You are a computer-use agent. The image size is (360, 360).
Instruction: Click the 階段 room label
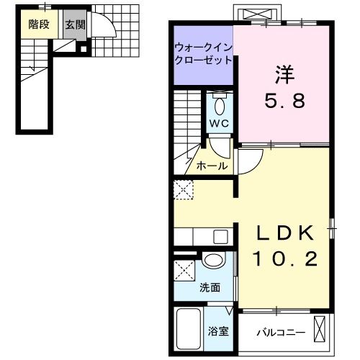point(39,24)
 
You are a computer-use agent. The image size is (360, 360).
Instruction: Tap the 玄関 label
point(76,24)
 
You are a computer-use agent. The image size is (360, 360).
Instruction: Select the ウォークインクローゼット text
point(204,54)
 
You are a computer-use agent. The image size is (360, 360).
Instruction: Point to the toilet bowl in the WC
point(220,107)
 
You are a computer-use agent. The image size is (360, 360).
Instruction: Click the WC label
point(220,123)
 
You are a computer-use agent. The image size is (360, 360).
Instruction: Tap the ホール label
point(212,166)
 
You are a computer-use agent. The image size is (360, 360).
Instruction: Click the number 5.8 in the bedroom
point(285,100)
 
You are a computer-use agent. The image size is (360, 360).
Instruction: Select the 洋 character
point(285,74)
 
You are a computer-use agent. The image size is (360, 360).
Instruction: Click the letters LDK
point(285,233)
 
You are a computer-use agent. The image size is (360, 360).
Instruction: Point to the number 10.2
point(285,258)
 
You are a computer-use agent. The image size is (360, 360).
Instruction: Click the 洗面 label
point(210,287)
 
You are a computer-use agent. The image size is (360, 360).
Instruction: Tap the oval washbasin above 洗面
point(214,259)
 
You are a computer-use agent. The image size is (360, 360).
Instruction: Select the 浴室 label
point(218,331)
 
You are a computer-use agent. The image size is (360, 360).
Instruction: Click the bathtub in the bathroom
point(189,329)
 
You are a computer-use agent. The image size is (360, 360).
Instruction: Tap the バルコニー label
point(281,333)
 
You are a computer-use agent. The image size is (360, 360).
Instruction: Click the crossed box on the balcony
point(320,329)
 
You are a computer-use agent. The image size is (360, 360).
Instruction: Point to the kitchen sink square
point(221,237)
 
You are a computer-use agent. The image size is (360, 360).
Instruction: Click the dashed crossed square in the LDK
point(184,190)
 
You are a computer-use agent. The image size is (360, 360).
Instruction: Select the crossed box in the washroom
point(184,270)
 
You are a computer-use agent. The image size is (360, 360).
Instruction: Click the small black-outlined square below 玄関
point(84,49)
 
